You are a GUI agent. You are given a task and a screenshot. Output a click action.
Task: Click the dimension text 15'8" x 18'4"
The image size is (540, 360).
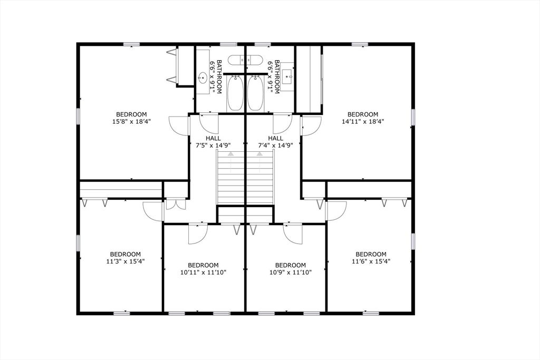(131, 121)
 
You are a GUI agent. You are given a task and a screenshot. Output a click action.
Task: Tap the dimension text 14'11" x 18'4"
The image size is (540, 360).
(363, 121)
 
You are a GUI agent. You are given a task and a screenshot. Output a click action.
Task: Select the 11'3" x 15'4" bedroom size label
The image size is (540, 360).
(126, 260)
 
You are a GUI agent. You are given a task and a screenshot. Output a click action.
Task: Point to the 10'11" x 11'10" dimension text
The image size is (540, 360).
(203, 272)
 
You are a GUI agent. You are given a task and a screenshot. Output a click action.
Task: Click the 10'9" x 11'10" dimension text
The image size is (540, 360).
(291, 272)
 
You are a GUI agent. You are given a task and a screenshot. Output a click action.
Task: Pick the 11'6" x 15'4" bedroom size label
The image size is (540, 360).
(371, 260)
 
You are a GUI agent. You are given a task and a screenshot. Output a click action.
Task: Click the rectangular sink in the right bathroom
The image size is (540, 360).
(288, 78)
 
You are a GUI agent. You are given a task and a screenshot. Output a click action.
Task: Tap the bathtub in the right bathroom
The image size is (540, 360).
(255, 93)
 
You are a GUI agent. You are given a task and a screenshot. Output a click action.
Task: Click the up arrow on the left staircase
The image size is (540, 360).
(230, 154)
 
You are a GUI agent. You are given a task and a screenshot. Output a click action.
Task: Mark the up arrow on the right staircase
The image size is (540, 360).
(259, 154)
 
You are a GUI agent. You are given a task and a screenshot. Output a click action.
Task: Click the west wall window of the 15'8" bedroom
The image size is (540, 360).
(78, 116)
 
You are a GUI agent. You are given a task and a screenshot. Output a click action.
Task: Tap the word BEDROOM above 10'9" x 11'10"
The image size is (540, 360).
(291, 265)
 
